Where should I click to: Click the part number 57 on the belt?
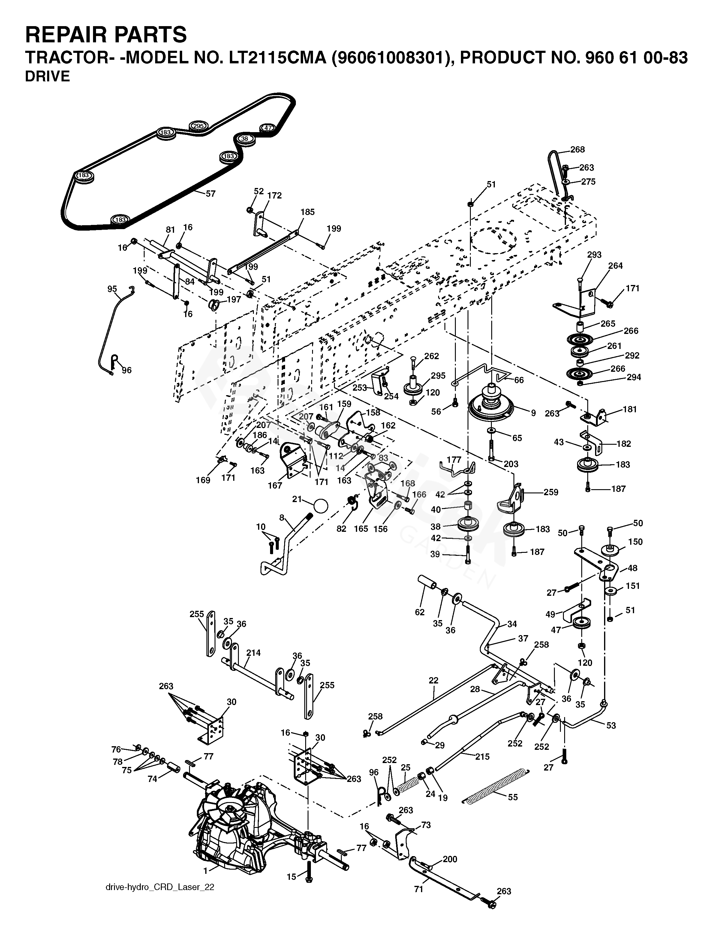211,194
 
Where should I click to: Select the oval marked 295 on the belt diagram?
198,126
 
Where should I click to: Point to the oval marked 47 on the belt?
268,128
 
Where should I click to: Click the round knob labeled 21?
320,506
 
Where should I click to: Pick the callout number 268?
577,150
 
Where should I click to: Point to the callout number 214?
253,653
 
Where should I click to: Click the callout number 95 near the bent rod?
112,289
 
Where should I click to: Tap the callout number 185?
307,212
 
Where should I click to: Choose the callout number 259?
551,492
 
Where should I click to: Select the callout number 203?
511,464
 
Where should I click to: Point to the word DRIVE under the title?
48,76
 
